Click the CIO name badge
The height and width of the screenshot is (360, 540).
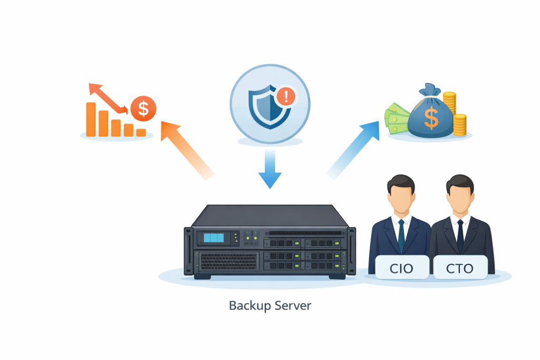coord(401,268)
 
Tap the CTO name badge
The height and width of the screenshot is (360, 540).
coord(459,268)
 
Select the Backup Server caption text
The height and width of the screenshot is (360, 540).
coord(270,305)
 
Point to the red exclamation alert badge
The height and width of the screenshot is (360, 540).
coord(287,96)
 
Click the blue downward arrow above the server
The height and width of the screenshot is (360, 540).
coord(270,169)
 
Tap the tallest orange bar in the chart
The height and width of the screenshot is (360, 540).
coord(91,119)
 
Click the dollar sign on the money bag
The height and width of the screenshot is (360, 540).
coord(431,118)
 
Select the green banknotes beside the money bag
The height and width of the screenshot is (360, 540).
coord(396,119)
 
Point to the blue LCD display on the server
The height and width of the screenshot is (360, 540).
coord(214,238)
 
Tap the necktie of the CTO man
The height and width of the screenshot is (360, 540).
coord(460,235)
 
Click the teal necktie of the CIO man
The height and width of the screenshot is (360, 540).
coord(401,235)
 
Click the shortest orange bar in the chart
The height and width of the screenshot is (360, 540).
coord(141,132)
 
